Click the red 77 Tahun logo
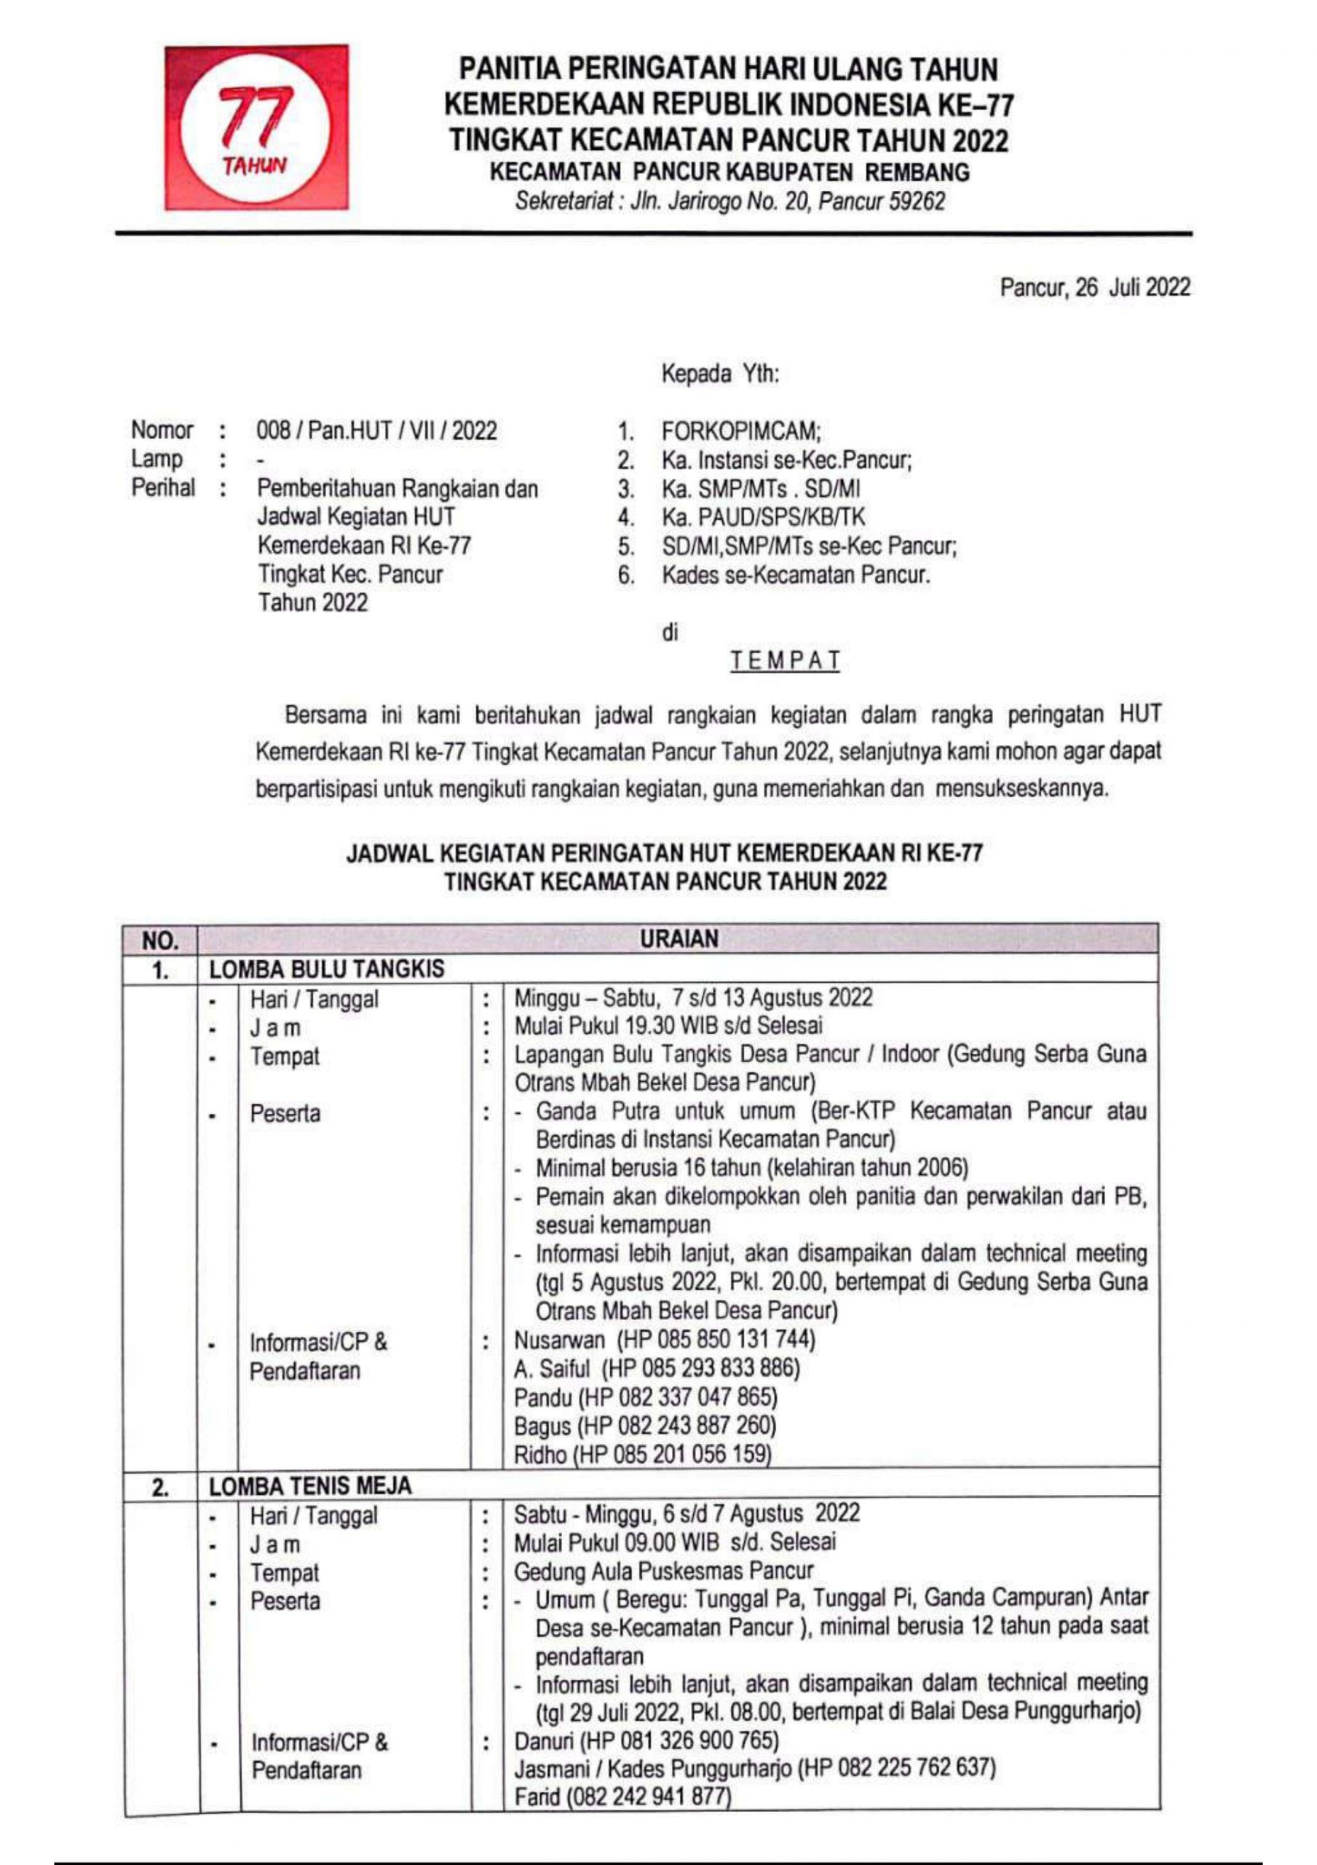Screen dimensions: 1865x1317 (x=256, y=127)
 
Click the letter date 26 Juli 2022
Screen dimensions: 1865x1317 (x=1132, y=288)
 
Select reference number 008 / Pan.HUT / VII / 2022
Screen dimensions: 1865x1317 (x=376, y=430)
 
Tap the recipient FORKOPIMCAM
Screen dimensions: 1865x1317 (x=741, y=431)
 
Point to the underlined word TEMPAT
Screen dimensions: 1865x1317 (x=784, y=661)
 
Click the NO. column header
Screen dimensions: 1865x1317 (x=159, y=941)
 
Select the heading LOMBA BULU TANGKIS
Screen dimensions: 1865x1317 (x=326, y=969)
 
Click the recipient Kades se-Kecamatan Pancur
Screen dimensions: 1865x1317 (x=796, y=575)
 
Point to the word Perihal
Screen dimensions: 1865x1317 (x=163, y=487)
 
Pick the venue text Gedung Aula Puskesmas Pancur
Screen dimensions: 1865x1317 (x=663, y=1570)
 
